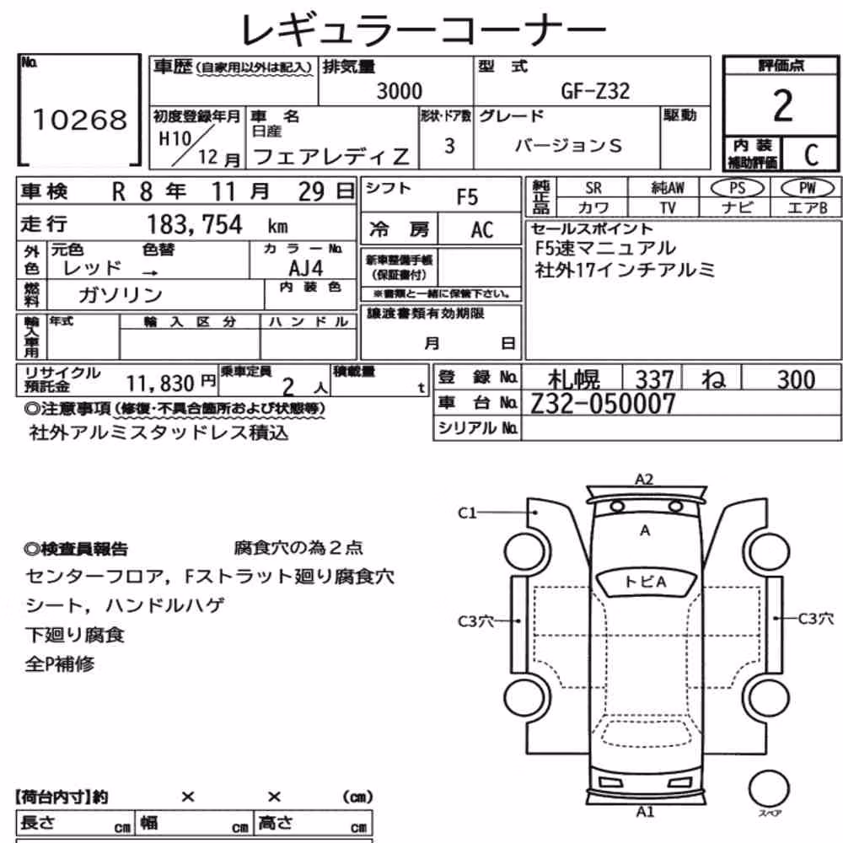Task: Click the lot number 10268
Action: (80, 120)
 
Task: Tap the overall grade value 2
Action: (783, 106)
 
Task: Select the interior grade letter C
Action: (811, 155)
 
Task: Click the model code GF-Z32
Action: (594, 91)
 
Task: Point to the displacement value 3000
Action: (399, 91)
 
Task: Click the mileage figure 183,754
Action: (195, 224)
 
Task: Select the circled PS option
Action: (737, 188)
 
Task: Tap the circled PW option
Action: (808, 188)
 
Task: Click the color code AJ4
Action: (306, 268)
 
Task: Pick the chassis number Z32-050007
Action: (603, 404)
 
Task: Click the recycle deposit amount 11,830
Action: (160, 384)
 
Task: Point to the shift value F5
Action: (467, 196)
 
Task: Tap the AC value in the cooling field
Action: (481, 230)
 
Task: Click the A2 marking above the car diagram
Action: (644, 479)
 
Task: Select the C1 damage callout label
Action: (467, 513)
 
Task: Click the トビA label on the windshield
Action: (645, 582)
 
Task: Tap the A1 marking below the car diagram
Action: (645, 811)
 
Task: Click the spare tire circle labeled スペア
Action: (770, 788)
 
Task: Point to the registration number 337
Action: (654, 379)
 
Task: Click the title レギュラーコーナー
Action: (423, 30)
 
